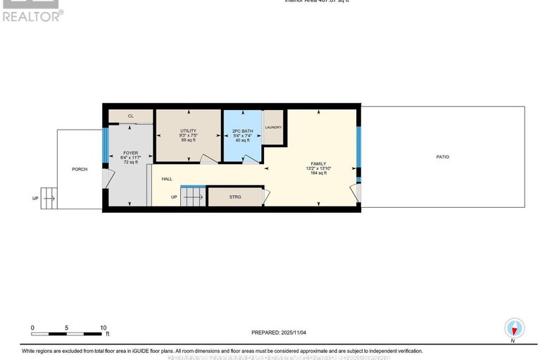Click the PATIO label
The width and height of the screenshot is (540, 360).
(442, 157)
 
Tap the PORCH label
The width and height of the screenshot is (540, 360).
(79, 169)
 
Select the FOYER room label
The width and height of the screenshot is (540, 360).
(130, 153)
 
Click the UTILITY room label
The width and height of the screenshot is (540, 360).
(188, 131)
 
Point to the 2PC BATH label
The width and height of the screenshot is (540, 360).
(241, 131)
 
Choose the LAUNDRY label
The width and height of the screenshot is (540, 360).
(273, 128)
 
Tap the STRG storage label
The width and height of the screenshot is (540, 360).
(235, 197)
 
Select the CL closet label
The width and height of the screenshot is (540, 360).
(130, 116)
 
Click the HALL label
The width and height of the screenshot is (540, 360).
(167, 179)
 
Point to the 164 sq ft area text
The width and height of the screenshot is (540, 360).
(319, 173)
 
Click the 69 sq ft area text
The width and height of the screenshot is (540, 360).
(188, 141)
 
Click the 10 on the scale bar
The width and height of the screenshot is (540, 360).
(103, 328)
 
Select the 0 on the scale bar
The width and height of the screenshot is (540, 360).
(32, 328)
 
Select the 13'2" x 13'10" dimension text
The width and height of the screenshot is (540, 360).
(319, 168)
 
